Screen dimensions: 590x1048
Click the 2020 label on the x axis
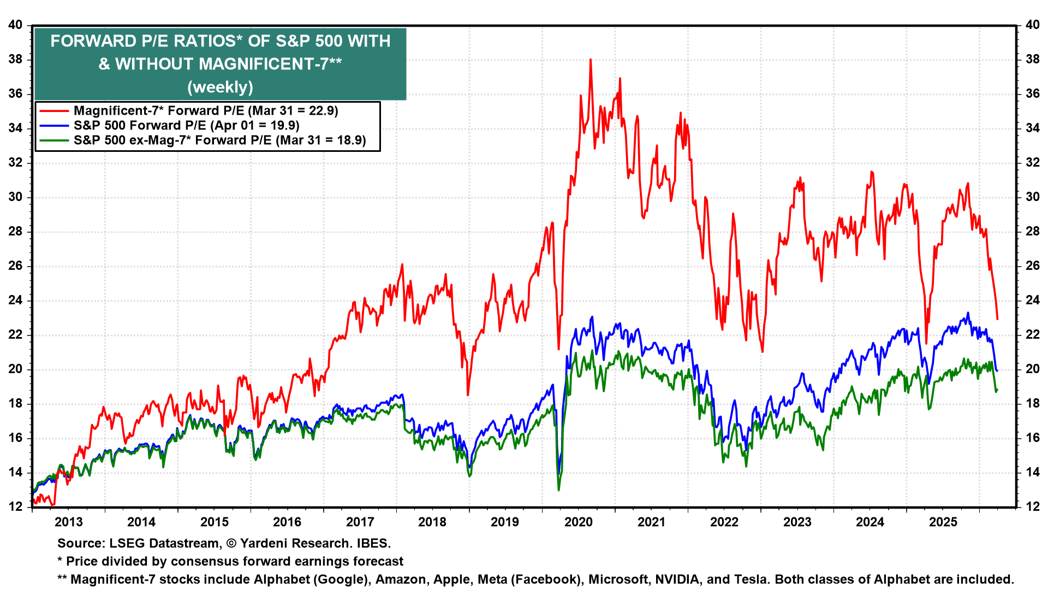579,522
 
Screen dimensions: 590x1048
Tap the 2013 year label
69,522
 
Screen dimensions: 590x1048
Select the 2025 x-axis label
943,522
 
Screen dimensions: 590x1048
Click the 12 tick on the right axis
1033,506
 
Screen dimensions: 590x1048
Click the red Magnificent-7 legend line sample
55,111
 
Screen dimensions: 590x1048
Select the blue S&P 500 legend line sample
55,126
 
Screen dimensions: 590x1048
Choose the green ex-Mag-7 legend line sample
55,140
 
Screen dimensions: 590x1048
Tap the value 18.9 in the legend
351,140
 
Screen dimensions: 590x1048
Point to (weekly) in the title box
221,87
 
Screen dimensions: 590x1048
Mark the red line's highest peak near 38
590,60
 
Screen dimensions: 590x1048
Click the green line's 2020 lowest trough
558,489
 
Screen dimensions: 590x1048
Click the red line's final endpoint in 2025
997,318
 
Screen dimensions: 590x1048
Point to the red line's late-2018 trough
468,394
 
